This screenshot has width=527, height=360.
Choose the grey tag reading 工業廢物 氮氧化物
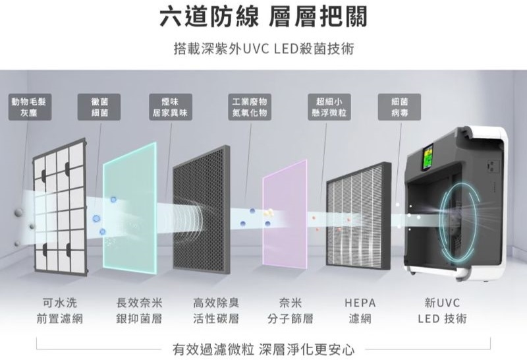250,107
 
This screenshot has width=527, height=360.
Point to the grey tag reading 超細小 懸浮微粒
329,107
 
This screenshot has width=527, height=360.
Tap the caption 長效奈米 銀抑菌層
139,311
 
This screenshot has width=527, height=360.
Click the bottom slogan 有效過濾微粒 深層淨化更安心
263,347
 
